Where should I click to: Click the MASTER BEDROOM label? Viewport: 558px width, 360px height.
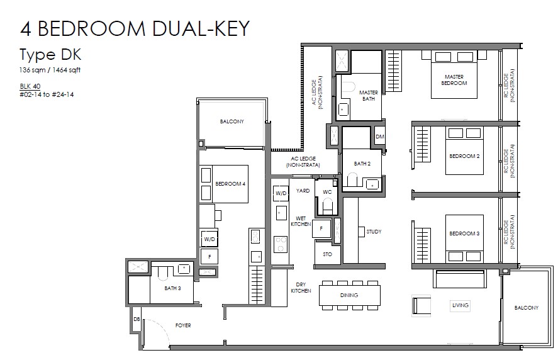tap(454, 80)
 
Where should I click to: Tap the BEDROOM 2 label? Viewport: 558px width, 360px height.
tap(464, 156)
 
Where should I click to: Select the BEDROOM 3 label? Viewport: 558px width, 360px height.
tap(464, 233)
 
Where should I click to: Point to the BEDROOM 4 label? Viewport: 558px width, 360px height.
tap(230, 184)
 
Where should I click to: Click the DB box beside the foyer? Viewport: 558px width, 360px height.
tap(137, 320)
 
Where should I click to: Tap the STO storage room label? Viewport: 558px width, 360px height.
tap(327, 254)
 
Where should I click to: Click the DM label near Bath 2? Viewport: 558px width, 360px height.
tap(380, 137)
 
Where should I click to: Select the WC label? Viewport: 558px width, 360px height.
tap(327, 192)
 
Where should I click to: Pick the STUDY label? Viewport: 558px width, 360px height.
tap(374, 232)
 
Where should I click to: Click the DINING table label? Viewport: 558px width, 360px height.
tap(349, 295)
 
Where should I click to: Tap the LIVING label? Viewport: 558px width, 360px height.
tap(460, 305)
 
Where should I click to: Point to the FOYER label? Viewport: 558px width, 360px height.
tap(183, 325)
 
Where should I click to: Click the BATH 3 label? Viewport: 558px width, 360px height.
tap(172, 288)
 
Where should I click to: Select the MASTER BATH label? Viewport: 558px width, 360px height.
tap(369, 96)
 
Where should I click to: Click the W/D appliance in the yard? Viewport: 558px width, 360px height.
tap(281, 193)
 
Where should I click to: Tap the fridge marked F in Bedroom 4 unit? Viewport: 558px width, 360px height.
tap(209, 256)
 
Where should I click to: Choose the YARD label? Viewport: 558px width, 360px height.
tap(303, 191)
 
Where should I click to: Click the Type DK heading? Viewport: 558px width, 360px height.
tap(50, 55)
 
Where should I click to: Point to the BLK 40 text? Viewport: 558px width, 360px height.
tap(30, 86)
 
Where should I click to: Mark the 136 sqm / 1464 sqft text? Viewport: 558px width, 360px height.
tap(50, 70)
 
